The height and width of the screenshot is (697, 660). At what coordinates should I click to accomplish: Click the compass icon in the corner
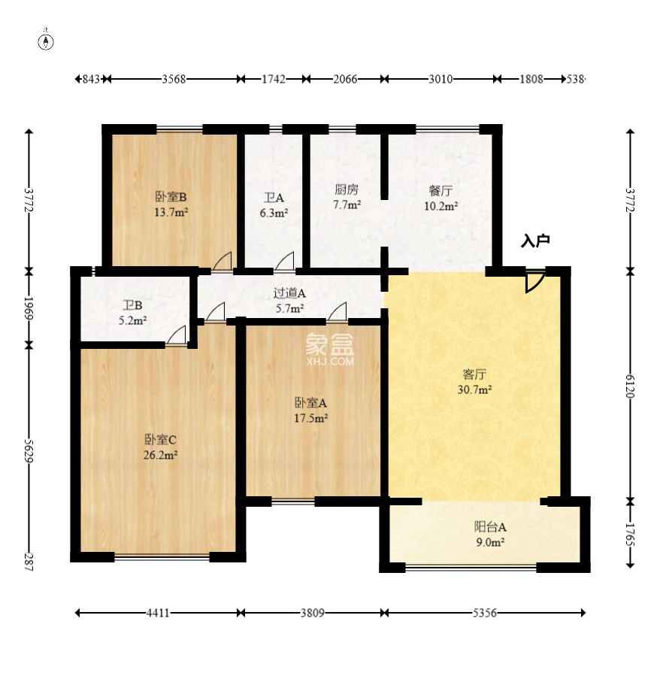(x=46, y=42)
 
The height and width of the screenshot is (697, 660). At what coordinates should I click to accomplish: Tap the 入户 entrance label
(x=535, y=241)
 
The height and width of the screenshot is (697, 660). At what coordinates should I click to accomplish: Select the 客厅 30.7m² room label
(x=474, y=381)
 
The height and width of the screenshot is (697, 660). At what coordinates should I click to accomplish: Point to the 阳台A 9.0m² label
(x=490, y=535)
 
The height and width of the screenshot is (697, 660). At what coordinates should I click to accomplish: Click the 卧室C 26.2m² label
(x=160, y=447)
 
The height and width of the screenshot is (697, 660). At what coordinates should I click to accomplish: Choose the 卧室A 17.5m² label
(x=310, y=411)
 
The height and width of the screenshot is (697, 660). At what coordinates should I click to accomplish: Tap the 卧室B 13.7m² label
(x=171, y=204)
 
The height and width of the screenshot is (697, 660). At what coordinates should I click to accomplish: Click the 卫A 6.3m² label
(x=274, y=205)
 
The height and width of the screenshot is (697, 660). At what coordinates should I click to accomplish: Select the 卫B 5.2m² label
(x=132, y=313)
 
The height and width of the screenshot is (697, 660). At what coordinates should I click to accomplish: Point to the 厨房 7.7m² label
(x=347, y=197)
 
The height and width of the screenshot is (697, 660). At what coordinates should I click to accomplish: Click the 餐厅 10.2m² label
(x=441, y=198)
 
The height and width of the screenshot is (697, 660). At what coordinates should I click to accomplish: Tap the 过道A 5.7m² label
(x=289, y=300)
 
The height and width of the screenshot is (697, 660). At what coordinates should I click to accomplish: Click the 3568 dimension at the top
(x=174, y=79)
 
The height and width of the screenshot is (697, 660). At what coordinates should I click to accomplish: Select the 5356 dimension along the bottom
(x=484, y=613)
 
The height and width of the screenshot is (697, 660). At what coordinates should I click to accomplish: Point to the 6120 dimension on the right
(x=630, y=386)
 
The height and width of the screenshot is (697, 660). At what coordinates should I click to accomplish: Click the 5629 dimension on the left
(x=29, y=450)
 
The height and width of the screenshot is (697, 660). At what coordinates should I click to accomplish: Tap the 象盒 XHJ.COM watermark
(x=330, y=350)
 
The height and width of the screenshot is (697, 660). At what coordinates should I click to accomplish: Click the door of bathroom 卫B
(x=176, y=335)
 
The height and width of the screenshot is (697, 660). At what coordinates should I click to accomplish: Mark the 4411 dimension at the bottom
(x=158, y=613)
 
